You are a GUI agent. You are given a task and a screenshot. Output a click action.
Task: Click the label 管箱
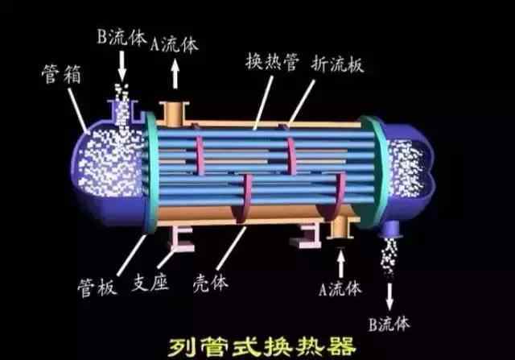(61, 74)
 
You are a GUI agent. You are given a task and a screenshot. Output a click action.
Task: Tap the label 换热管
(272, 61)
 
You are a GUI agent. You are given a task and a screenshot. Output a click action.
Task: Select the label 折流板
(337, 64)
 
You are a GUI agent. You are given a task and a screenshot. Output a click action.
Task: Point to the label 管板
(97, 288)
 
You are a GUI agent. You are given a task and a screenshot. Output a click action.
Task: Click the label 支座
(150, 283)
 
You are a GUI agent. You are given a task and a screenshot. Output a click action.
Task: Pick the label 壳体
(211, 283)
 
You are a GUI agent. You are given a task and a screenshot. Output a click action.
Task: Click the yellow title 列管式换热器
(262, 346)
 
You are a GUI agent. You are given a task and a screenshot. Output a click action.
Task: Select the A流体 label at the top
(175, 44)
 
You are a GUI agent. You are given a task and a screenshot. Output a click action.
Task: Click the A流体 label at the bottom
(340, 288)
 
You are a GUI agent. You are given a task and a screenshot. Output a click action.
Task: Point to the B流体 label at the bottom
(389, 324)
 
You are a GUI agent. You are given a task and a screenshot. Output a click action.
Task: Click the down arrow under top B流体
(122, 66)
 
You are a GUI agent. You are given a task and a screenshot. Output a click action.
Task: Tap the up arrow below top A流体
(175, 74)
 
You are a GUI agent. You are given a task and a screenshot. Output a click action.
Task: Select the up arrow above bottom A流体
(341, 263)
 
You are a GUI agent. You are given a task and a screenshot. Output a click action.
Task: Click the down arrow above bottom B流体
(389, 296)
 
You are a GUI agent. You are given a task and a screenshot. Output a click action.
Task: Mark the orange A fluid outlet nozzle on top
(174, 114)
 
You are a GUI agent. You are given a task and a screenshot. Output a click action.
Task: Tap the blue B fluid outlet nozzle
(391, 230)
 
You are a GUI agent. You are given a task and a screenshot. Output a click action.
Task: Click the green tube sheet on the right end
(373, 171)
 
